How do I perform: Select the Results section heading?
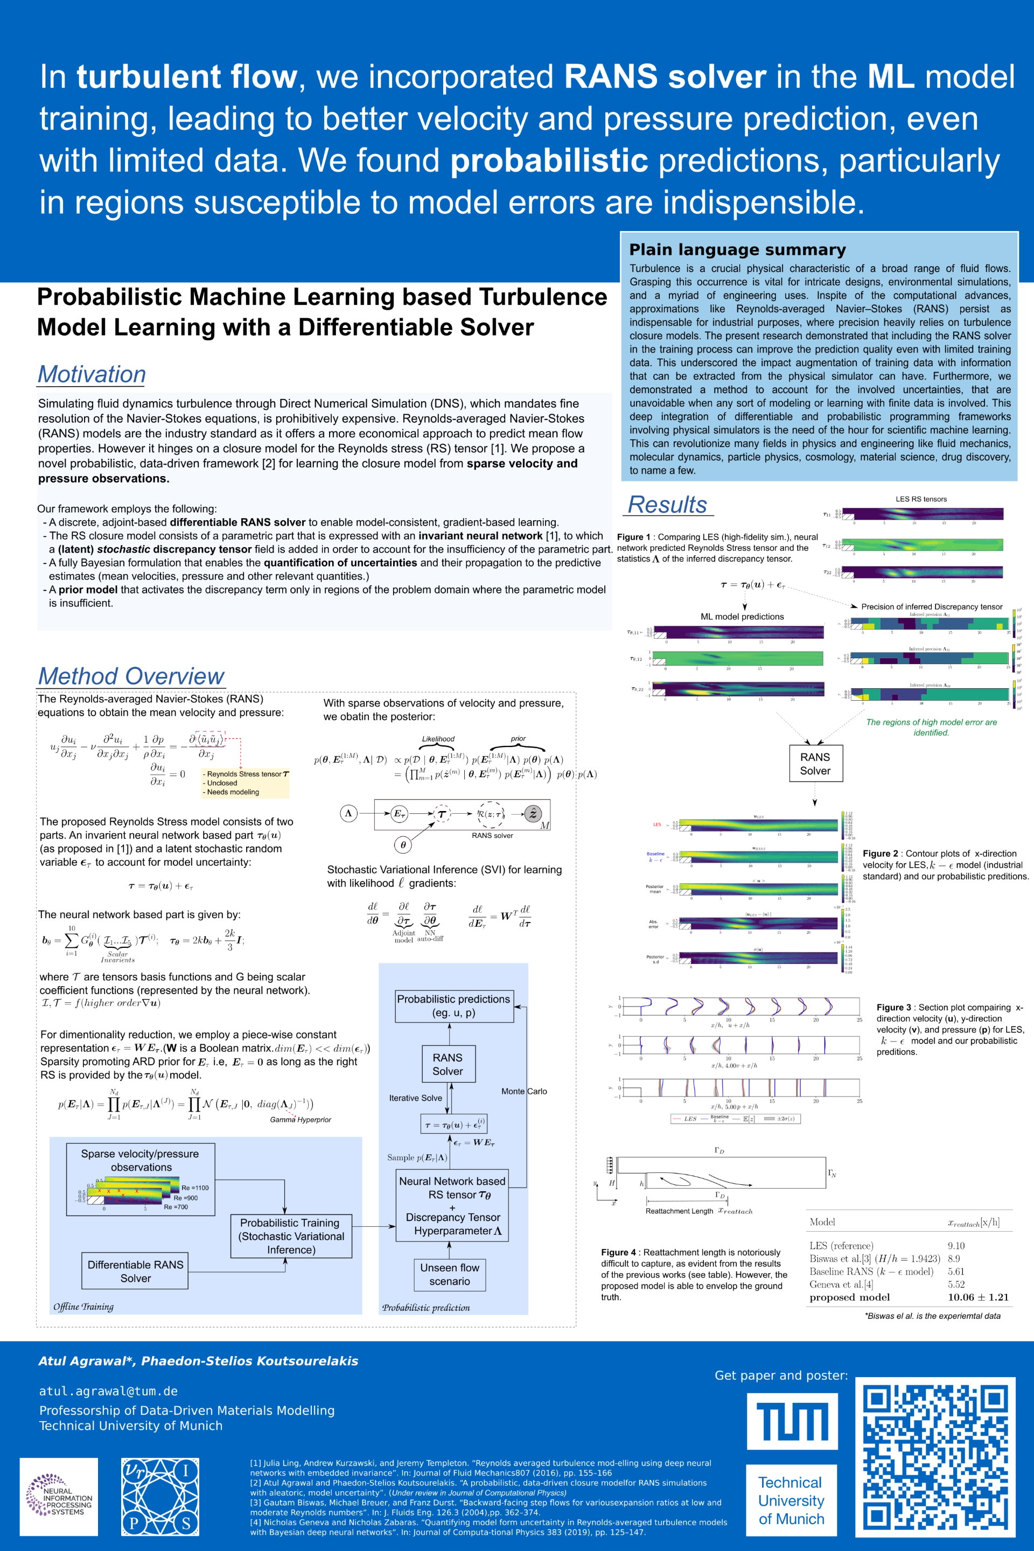pos(667,505)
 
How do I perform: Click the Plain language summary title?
pos(737,249)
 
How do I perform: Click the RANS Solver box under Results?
pos(815,764)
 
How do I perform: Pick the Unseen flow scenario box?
pos(450,1274)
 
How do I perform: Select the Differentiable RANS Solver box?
pos(135,1271)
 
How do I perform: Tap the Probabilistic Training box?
pos(291,1236)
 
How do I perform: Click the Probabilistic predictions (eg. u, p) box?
pos(453,1005)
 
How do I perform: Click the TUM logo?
pos(792,1421)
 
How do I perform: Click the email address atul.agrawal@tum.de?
pos(108,1391)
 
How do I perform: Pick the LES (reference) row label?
pos(841,1246)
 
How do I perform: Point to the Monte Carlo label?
pos(523,1092)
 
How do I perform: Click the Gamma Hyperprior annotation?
pos(300,1120)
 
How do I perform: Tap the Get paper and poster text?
pos(781,1375)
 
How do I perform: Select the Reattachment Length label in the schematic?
pos(679,1211)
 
